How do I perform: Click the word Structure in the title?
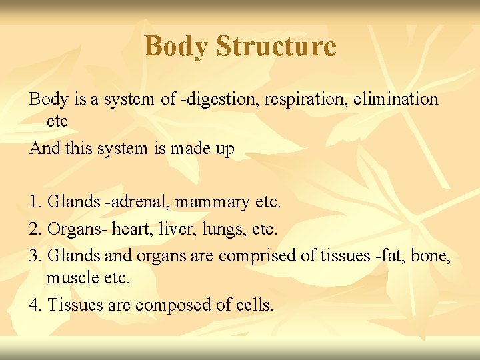click(276, 46)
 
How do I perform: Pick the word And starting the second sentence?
click(45, 148)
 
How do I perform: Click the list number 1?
click(35, 201)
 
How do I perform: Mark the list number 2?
click(35, 229)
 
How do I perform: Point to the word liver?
click(173, 229)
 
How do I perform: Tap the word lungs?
click(217, 229)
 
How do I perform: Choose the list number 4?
click(35, 305)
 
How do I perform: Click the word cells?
click(255, 305)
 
